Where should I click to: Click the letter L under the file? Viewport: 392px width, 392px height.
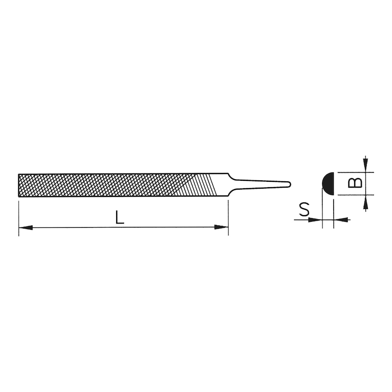120,217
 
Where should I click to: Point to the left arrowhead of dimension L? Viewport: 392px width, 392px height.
25,227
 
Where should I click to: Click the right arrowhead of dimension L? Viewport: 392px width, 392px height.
222,227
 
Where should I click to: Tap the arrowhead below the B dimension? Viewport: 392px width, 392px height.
365,202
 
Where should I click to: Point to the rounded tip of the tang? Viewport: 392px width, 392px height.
289,184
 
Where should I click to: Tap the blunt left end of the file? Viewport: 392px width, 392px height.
19,185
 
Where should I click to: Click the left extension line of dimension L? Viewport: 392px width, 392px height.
19,216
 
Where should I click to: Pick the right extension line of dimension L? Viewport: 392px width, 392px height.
228,216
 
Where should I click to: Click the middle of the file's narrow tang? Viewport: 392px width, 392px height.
260,184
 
